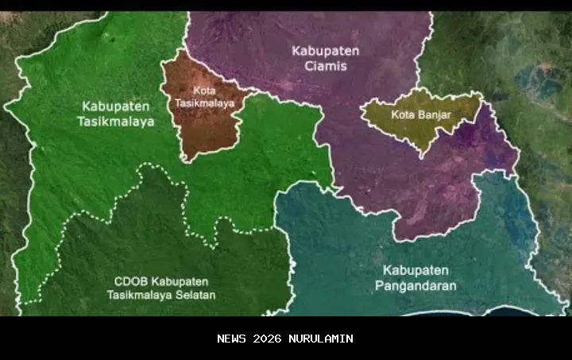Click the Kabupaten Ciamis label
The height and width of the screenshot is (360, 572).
coord(325,58)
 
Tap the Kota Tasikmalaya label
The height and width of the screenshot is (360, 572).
coord(193,96)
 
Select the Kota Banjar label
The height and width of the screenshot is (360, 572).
coord(421,114)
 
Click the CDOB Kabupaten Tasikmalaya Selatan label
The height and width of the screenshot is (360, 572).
coord(161,288)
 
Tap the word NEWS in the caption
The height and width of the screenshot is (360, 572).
coord(232,339)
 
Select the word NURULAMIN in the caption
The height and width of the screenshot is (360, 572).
coord(320,339)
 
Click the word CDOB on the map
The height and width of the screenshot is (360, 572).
coord(127,282)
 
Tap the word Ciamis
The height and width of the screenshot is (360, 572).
coord(325,66)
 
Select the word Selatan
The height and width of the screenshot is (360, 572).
coord(196,296)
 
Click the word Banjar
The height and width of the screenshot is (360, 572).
coord(435,114)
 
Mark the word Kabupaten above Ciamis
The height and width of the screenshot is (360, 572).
coord(325,50)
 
